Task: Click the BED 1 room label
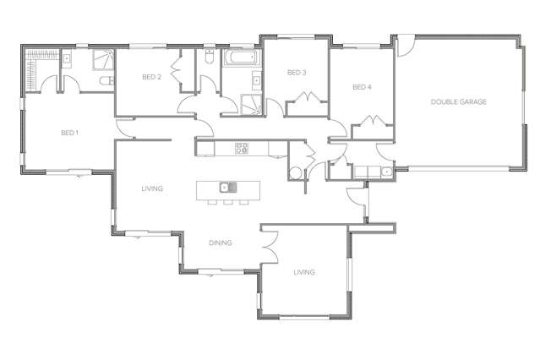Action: click(x=69, y=133)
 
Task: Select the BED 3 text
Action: click(x=296, y=73)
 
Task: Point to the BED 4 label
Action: click(x=362, y=86)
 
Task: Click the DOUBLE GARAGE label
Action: click(x=458, y=101)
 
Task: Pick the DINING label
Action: click(x=221, y=243)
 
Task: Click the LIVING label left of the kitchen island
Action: click(x=152, y=188)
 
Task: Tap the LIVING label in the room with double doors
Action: click(x=304, y=272)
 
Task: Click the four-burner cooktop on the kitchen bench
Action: click(x=243, y=148)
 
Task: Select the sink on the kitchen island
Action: click(x=226, y=188)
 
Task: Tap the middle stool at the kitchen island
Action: click(x=227, y=202)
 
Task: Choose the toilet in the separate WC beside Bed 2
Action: click(x=208, y=61)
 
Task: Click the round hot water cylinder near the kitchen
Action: click(x=294, y=173)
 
